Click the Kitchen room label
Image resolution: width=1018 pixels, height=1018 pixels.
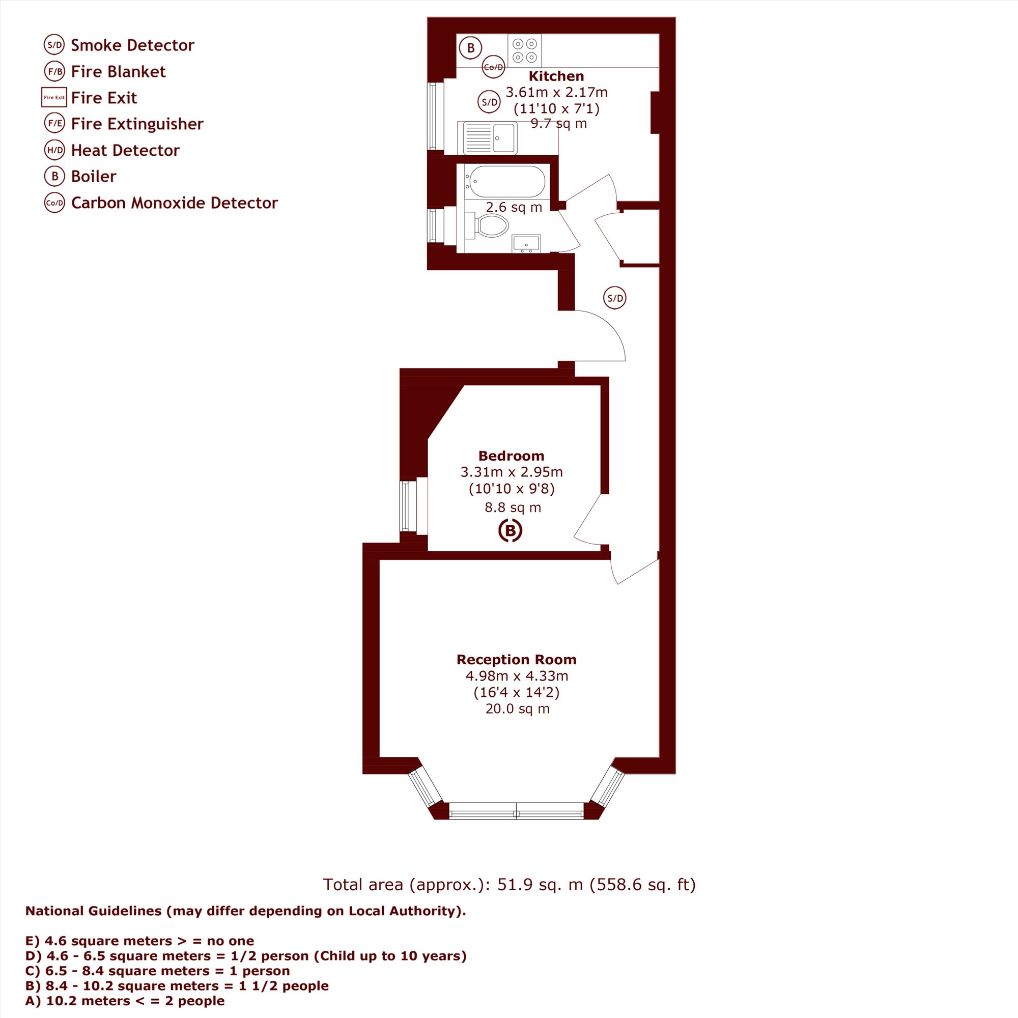[x=556, y=76]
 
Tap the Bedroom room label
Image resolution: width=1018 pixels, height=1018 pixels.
[x=511, y=456]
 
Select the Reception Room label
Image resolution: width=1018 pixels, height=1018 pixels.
[x=516, y=660]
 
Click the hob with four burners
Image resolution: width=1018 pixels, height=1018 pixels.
[x=525, y=50]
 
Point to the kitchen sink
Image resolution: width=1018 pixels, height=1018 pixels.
[x=490, y=138]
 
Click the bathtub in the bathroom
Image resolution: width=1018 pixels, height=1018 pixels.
[x=506, y=182]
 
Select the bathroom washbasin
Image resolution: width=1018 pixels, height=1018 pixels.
[x=526, y=243]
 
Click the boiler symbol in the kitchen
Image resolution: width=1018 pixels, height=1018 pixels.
[x=470, y=48]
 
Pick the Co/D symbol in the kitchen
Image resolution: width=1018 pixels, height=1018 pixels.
[x=494, y=67]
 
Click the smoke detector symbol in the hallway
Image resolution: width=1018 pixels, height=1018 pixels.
[x=615, y=298]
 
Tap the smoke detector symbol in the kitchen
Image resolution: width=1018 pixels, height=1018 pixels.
[x=490, y=102]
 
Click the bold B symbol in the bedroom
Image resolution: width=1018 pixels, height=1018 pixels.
[x=510, y=530]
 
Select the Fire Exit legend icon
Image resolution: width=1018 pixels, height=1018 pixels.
[x=54, y=98]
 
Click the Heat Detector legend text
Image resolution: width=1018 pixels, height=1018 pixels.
[x=125, y=150]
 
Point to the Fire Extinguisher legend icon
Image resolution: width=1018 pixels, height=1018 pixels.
[x=55, y=124]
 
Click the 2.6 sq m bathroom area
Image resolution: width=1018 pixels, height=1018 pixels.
[x=514, y=207]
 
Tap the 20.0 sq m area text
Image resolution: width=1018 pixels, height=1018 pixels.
[x=518, y=709]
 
